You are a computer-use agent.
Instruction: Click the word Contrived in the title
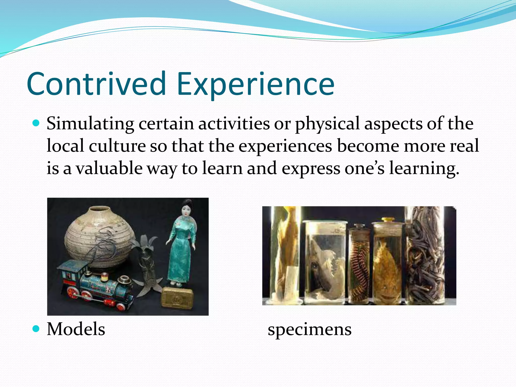[x=96, y=84]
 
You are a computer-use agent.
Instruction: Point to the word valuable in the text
[x=109, y=168]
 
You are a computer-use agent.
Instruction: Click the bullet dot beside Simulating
[x=36, y=123]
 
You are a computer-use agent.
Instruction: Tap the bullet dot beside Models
[x=36, y=329]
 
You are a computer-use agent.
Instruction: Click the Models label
[x=76, y=329]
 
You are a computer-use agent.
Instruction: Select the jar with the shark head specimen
[x=325, y=262]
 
